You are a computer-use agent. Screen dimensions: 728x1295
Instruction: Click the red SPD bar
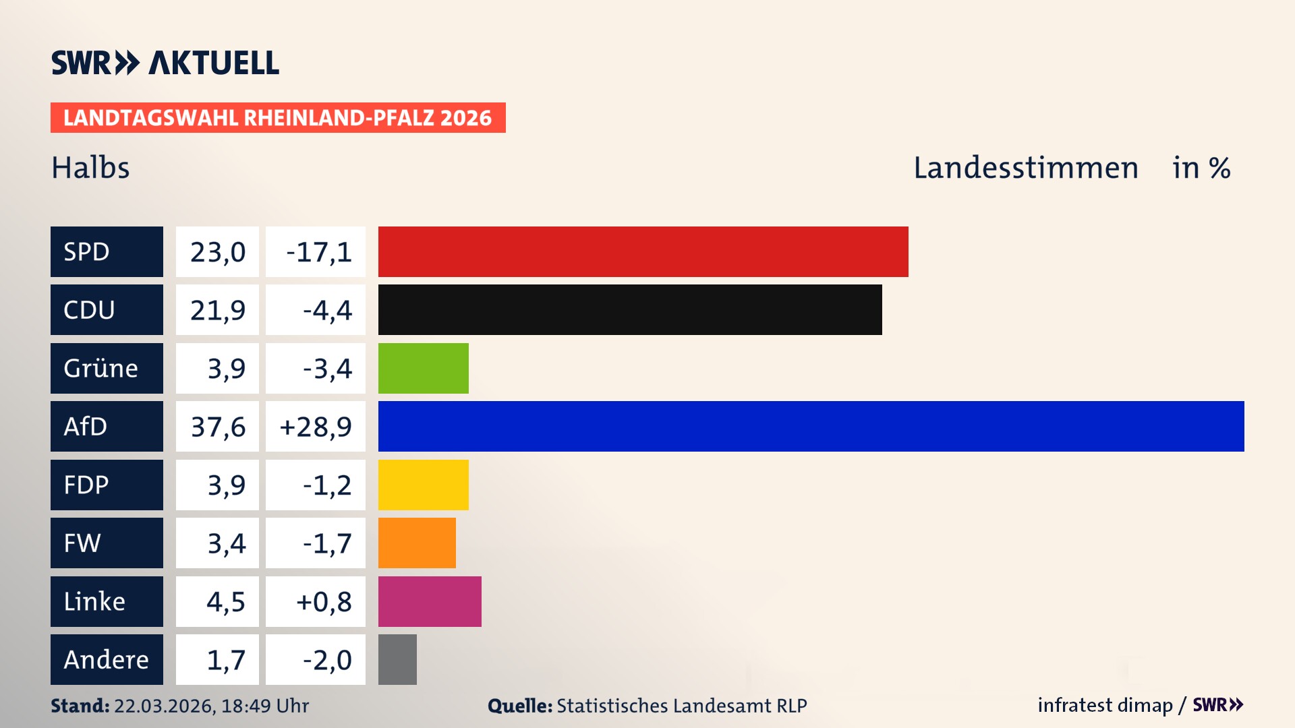coord(643,251)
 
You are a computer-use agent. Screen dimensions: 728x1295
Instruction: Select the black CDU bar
coord(630,309)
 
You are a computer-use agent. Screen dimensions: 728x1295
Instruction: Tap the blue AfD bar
coord(811,426)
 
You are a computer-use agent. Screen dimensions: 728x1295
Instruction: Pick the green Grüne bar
coord(423,368)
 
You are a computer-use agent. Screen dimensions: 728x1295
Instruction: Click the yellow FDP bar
coord(423,485)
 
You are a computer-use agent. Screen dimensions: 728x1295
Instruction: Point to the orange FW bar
coord(417,543)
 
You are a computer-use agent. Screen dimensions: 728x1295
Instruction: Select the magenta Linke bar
coord(430,601)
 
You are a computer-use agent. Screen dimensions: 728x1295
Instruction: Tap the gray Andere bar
coord(397,659)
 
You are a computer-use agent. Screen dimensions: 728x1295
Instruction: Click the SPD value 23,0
coord(217,251)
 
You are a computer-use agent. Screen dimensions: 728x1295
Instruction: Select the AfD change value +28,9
coord(315,426)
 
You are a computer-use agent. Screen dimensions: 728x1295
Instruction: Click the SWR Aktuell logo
coord(165,63)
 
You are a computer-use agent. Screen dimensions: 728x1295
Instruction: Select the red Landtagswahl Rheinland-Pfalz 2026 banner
coord(278,117)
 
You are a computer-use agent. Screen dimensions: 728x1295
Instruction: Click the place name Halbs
coord(90,168)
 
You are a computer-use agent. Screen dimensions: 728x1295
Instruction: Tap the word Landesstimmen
coord(1025,168)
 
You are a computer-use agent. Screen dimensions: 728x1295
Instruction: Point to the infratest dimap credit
coord(1104,705)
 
